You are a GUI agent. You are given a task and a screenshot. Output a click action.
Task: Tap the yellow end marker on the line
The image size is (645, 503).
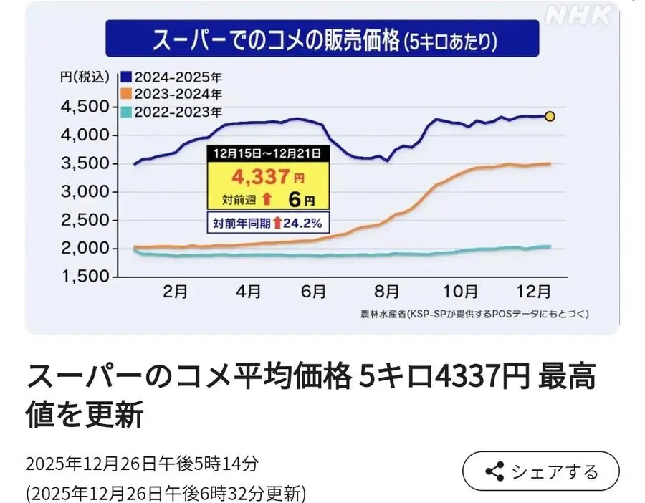550,116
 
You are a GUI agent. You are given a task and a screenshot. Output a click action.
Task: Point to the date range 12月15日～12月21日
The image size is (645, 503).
268,152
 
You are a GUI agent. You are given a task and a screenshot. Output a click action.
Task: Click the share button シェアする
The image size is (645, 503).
541,471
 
